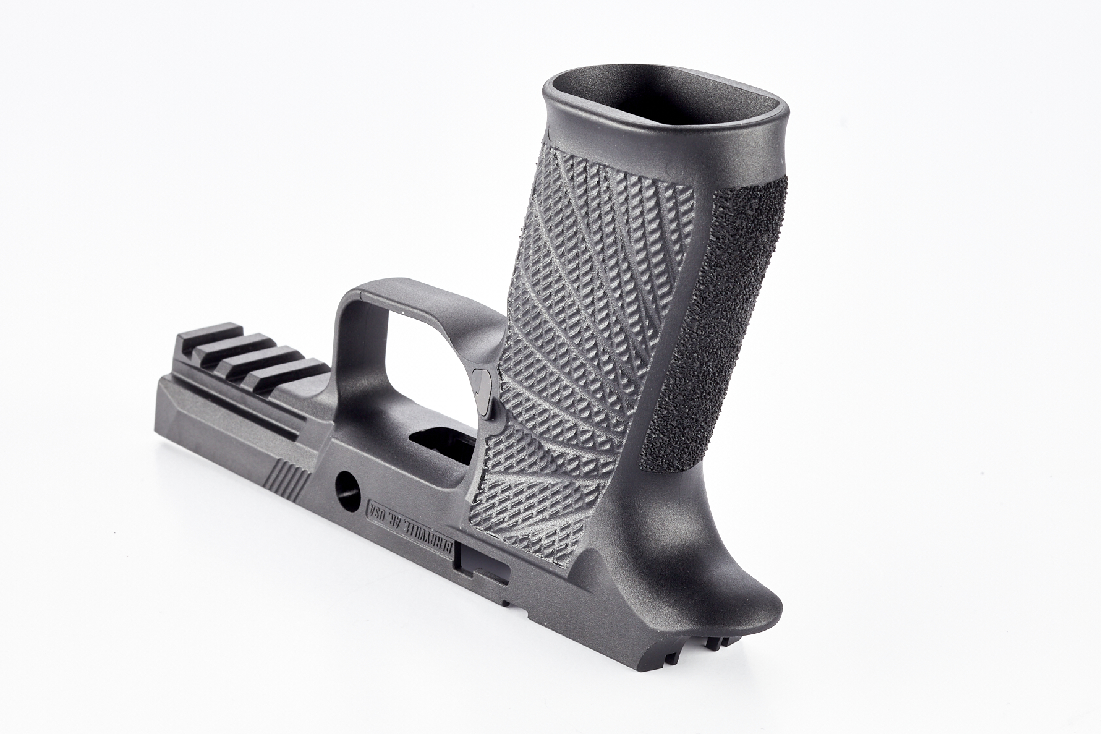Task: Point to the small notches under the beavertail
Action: (x=711, y=662)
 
